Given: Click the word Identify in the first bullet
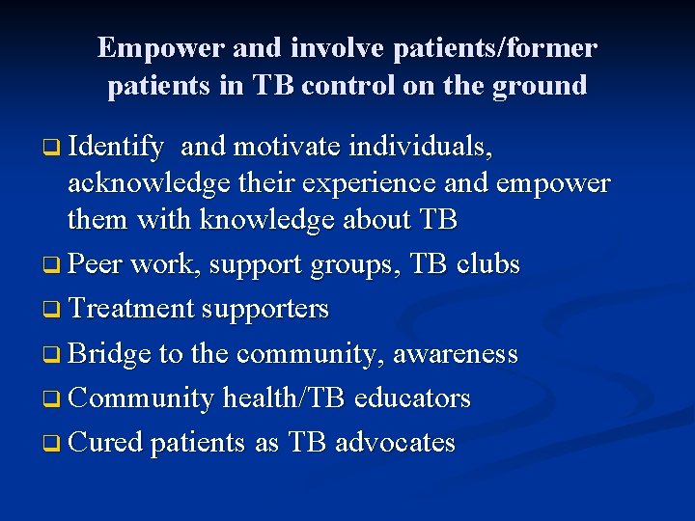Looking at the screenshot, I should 116,148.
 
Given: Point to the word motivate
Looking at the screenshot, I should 287,148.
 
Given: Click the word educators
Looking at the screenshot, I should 412,398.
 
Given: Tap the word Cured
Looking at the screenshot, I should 106,443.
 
